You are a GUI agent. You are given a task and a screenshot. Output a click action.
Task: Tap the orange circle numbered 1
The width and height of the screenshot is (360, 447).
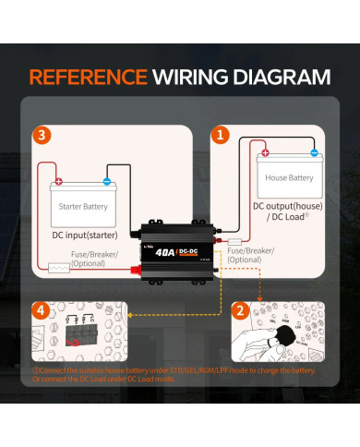click(x=219, y=135)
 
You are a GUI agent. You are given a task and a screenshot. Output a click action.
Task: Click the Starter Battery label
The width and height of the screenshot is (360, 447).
click(x=83, y=206)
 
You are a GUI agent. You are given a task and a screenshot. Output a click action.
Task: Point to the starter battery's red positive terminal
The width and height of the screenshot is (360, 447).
click(x=60, y=182)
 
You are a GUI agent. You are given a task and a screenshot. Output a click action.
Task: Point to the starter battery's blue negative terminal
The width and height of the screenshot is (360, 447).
click(x=107, y=182)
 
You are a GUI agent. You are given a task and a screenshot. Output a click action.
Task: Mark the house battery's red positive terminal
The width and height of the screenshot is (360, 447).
click(x=265, y=153)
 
